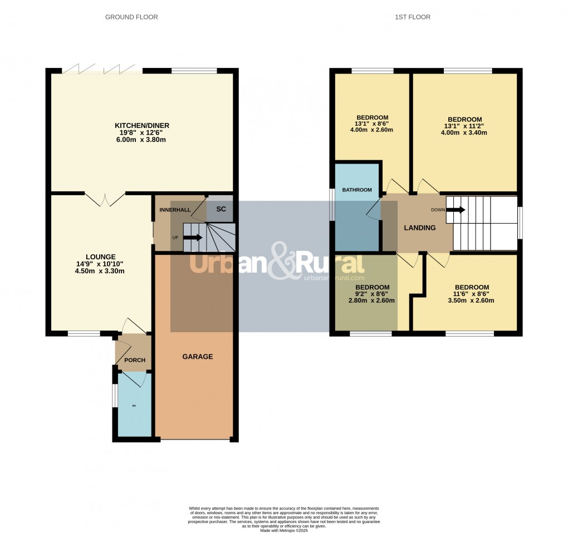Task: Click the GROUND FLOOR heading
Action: pos(131,17)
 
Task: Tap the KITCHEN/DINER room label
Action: pos(142,126)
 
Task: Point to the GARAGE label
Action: pos(198,357)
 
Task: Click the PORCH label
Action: pos(134,360)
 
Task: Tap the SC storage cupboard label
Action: pos(221,209)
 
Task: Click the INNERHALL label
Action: pos(175,210)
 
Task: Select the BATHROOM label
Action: pos(356,190)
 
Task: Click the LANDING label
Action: pos(419,228)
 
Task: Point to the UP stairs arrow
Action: pos(192,238)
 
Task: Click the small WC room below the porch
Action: pos(134,406)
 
